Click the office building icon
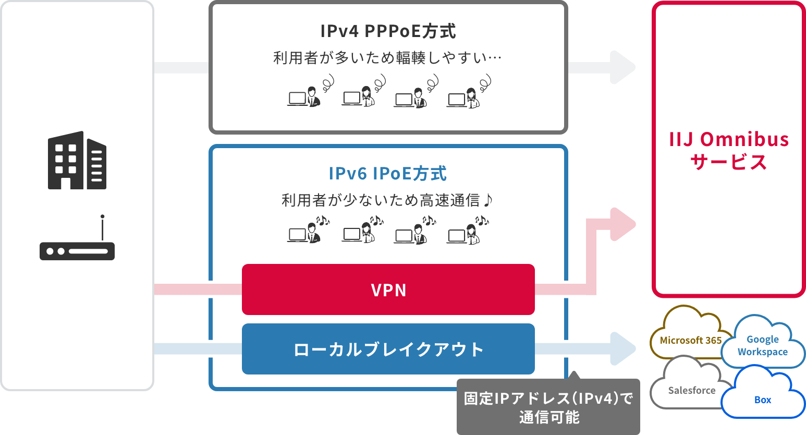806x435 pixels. (77, 160)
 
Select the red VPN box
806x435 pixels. (388, 289)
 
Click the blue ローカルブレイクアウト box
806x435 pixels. (388, 349)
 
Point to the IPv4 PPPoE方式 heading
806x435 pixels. (388, 31)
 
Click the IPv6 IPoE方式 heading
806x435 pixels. (388, 174)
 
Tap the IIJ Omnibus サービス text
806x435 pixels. (728, 150)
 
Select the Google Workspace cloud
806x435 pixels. (762, 345)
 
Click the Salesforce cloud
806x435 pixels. (690, 388)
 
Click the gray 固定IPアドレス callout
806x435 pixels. (548, 407)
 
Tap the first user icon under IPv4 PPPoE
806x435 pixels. (304, 96)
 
